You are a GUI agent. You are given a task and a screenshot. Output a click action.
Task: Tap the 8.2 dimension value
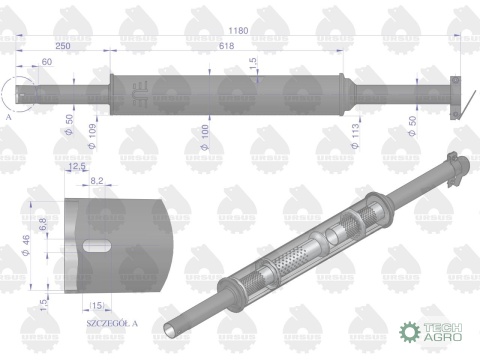tap(98, 180)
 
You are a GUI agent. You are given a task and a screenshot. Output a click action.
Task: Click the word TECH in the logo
tap(440, 327)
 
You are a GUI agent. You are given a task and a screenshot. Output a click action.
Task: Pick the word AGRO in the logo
tap(440, 339)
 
